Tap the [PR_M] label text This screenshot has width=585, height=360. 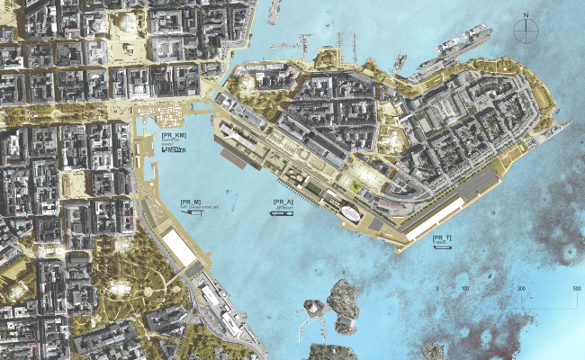point(191,201)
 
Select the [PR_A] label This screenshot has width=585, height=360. point(283,201)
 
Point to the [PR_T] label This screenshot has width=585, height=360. point(442,237)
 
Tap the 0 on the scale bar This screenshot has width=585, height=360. point(438,288)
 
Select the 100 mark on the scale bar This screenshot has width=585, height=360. point(464,288)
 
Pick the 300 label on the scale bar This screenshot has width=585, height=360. point(521,288)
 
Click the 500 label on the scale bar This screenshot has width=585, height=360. point(576,288)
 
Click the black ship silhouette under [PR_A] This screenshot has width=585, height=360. point(283,213)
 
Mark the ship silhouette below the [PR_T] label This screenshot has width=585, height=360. point(442,248)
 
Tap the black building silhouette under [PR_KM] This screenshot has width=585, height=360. point(173,150)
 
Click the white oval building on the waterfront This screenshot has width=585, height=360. point(349,212)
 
